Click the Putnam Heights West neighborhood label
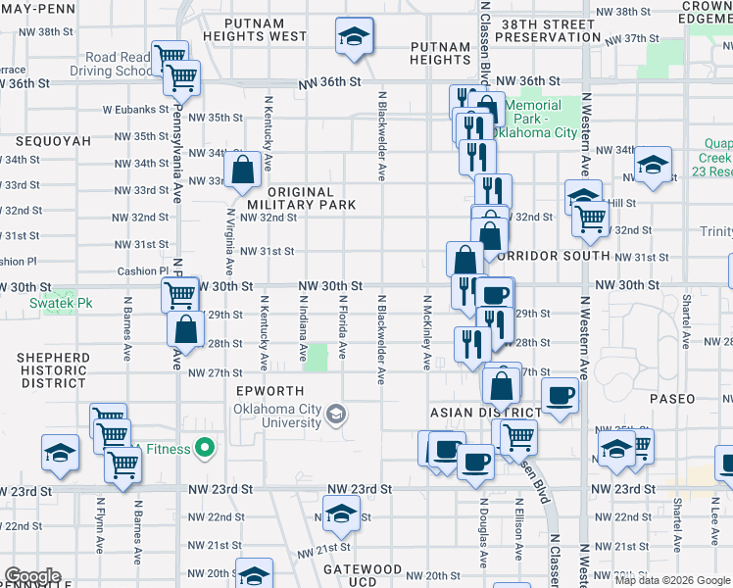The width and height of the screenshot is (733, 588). point(255,28)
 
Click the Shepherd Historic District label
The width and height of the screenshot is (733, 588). point(55,370)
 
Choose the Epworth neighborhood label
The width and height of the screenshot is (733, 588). point(270,391)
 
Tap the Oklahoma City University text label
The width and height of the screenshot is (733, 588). point(277,416)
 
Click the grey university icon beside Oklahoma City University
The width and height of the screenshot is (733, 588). point(336,415)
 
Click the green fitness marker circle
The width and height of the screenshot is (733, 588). point(205,449)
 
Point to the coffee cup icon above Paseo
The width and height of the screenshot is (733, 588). point(560,396)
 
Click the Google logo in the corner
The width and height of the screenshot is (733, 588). point(32,576)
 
